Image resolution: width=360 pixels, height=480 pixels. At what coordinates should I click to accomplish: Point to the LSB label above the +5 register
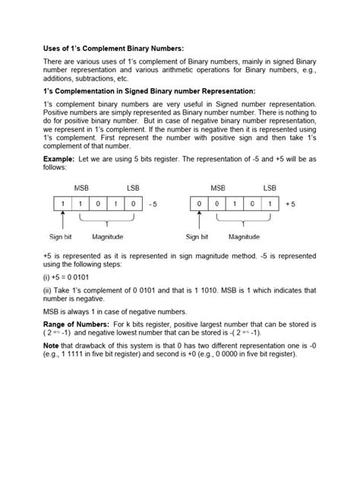[270, 187]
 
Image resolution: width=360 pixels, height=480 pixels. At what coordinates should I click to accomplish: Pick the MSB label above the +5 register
[218, 187]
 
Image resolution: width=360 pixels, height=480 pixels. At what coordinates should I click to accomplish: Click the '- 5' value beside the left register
[153, 204]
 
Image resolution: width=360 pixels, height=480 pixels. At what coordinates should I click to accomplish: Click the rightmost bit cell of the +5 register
[270, 204]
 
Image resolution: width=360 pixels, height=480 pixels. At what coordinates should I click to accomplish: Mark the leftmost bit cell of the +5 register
[198, 204]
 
